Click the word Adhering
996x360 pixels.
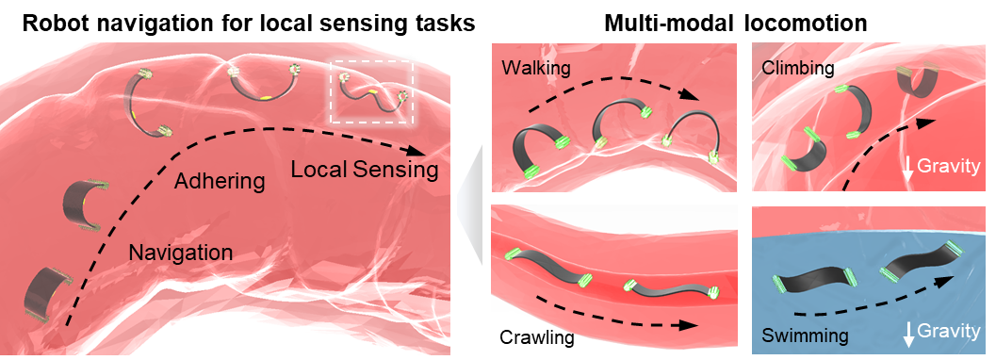click(220, 180)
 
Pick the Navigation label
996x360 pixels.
click(180, 253)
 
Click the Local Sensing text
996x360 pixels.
click(364, 171)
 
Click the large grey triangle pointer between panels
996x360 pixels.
click(468, 203)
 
